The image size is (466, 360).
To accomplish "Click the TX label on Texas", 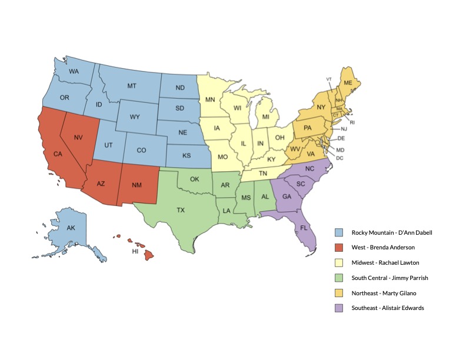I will click(x=181, y=209).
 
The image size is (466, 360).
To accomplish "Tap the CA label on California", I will click(x=58, y=154).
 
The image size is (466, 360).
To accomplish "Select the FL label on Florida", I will click(x=304, y=227).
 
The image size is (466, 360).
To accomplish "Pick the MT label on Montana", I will click(x=132, y=86).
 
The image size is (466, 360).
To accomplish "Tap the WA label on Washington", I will click(x=74, y=72).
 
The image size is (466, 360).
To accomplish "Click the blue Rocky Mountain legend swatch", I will click(x=339, y=232).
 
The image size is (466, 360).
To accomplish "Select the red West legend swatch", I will click(x=339, y=247).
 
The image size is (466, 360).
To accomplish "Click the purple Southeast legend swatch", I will click(x=339, y=308).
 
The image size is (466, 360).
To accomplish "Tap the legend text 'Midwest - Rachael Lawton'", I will click(x=385, y=262).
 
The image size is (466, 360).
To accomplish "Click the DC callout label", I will click(x=339, y=158).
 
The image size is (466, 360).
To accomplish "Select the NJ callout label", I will click(x=344, y=129).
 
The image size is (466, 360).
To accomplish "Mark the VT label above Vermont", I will click(x=329, y=79).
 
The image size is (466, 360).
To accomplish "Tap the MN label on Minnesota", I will click(x=209, y=100).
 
